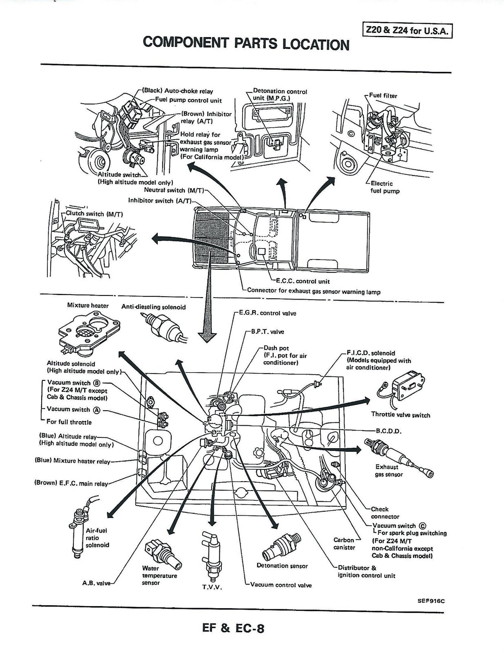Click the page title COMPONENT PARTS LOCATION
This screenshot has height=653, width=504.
[x=246, y=43]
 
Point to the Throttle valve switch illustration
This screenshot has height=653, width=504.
[x=402, y=392]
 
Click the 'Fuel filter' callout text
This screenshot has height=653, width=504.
[x=383, y=96]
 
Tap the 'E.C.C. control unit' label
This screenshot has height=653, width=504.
[x=300, y=281]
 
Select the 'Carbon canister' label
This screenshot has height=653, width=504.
[x=344, y=544]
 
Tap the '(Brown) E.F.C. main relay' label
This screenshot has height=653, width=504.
[x=71, y=483]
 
